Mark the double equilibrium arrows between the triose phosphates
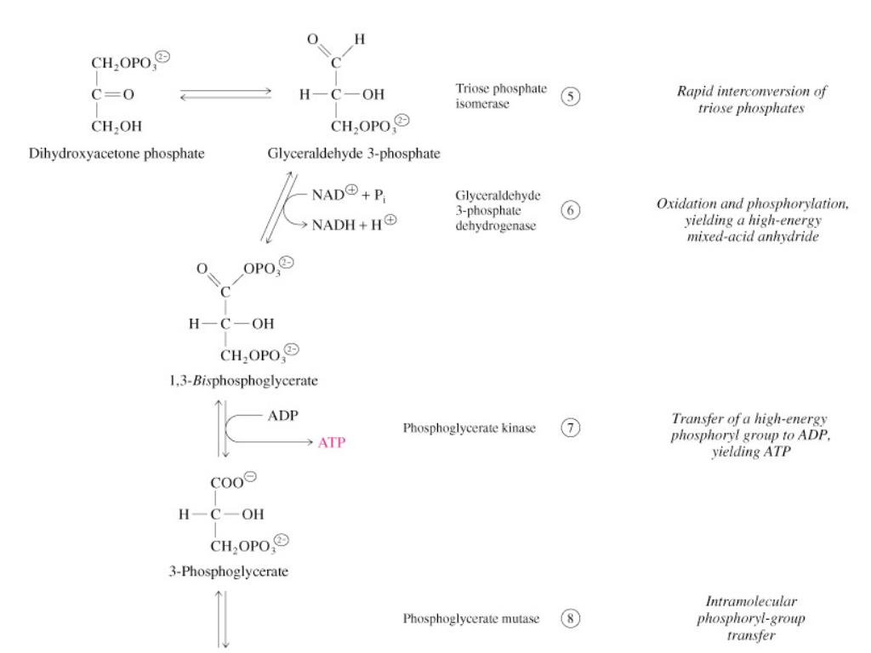(x=231, y=94)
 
